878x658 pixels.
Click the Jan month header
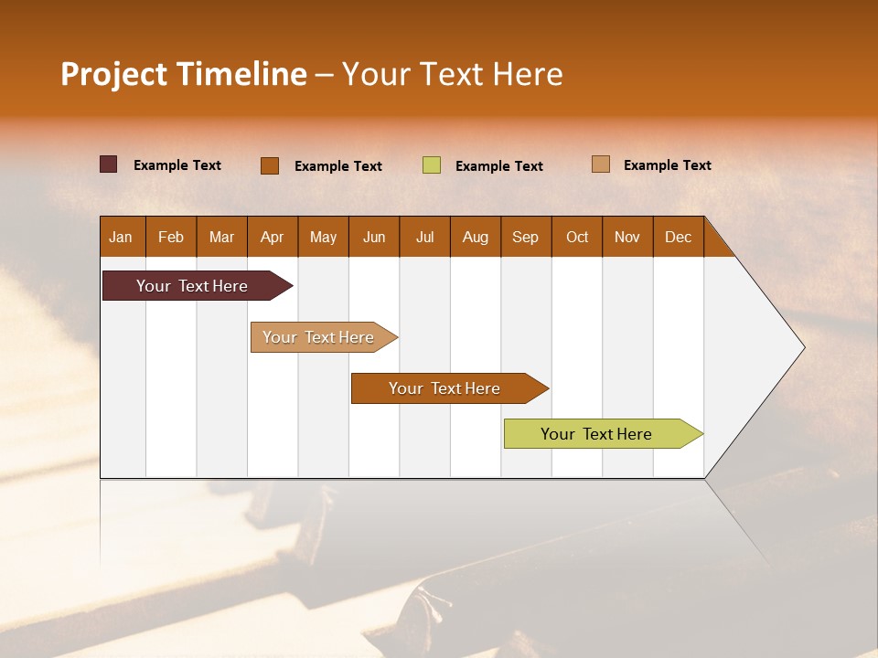point(121,238)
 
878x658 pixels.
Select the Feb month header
point(171,238)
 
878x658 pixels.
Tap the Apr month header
point(272,238)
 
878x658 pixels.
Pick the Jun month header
point(374,238)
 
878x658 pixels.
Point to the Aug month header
point(475,238)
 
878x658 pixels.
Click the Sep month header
point(525,238)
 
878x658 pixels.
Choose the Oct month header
point(577,238)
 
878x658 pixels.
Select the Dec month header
point(678,238)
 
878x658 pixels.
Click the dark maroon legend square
point(109,164)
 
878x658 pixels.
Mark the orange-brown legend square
point(270,165)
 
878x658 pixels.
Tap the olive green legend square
point(432,165)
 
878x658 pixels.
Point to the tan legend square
point(601,164)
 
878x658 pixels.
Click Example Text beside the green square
point(498,166)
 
